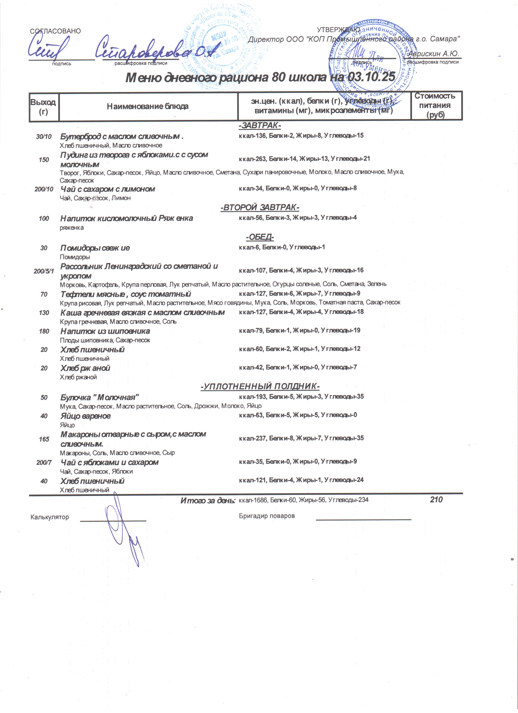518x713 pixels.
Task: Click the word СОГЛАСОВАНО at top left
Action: [x=55, y=31]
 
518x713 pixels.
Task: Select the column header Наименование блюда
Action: [x=148, y=106]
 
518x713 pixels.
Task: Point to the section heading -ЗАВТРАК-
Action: [x=260, y=125]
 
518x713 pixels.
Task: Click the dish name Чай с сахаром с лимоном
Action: [x=107, y=189]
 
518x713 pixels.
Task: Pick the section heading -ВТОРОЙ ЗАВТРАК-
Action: [x=260, y=208]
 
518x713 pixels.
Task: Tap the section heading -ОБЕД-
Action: [x=260, y=237]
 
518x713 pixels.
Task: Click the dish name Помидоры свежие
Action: [x=95, y=248]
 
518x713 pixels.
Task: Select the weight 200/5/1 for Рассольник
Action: [x=44, y=271]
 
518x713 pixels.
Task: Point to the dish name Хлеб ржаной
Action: [x=85, y=368]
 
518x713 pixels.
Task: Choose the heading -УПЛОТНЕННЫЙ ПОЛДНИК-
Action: [x=260, y=386]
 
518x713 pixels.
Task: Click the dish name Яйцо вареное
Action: [x=86, y=416]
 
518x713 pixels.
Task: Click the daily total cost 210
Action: [x=436, y=500]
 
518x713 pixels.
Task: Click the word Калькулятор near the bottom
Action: [x=50, y=517]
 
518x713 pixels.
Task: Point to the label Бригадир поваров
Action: [x=267, y=516]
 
